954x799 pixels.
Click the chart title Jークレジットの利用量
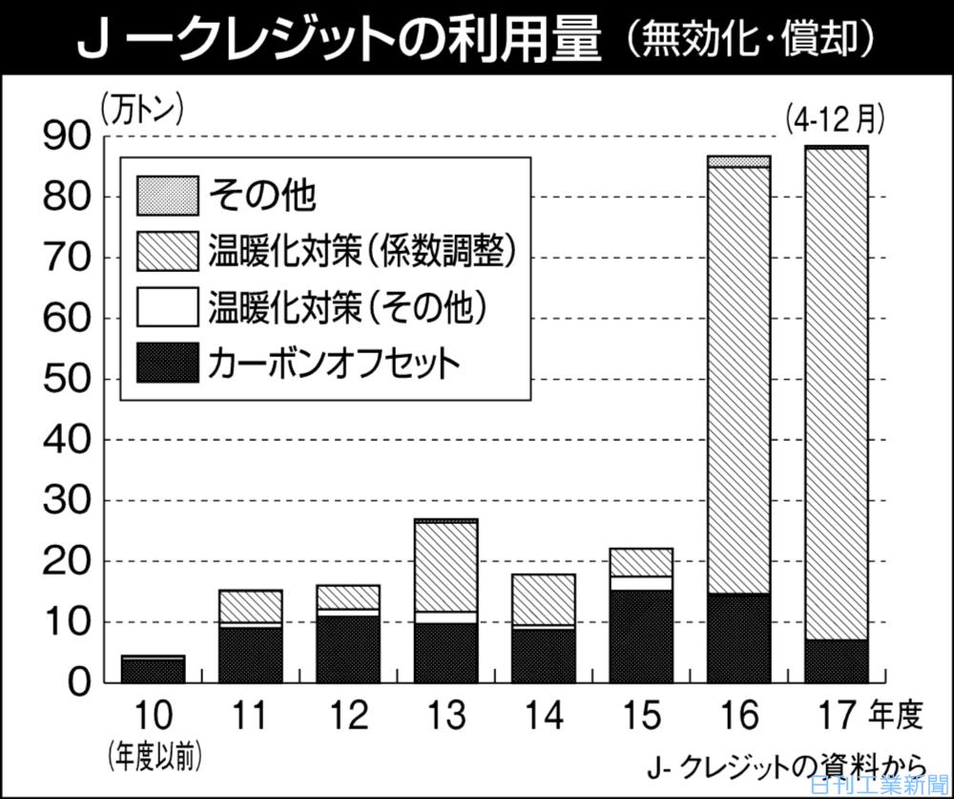coord(339,38)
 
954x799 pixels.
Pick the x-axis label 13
coord(446,714)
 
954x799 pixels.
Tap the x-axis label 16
coord(739,714)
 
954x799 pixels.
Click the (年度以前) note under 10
coord(155,755)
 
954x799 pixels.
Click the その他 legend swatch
coord(168,196)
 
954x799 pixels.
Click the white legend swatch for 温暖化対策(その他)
coord(168,306)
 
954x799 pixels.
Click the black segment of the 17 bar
coord(836,661)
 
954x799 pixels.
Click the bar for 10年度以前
coord(154,669)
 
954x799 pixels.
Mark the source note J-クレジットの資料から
coord(784,767)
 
